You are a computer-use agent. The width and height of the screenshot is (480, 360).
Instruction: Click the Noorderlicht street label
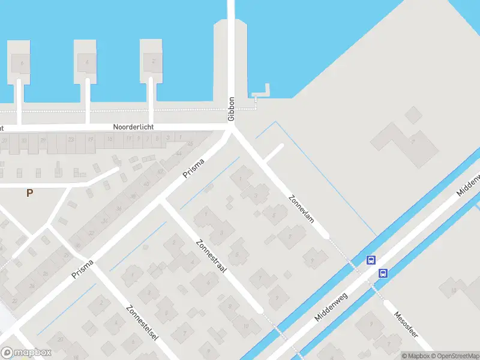click(x=134, y=127)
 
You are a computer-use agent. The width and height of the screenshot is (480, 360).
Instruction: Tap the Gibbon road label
click(x=231, y=109)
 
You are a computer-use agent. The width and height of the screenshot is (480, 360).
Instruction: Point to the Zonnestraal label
click(x=211, y=257)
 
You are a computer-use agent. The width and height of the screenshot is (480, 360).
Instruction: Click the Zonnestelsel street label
click(x=142, y=323)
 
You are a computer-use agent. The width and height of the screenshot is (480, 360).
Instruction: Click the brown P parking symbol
click(x=29, y=193)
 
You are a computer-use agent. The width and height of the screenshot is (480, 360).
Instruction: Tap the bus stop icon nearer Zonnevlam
click(x=371, y=260)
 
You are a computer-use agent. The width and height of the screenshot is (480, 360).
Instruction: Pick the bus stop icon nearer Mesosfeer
click(x=383, y=273)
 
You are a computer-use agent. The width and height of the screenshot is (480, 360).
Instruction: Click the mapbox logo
click(x=26, y=352)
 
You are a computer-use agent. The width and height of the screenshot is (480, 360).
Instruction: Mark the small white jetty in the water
click(x=262, y=94)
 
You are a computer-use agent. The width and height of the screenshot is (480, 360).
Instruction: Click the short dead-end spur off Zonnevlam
click(x=273, y=154)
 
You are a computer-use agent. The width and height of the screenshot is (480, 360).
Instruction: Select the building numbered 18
click(x=454, y=292)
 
